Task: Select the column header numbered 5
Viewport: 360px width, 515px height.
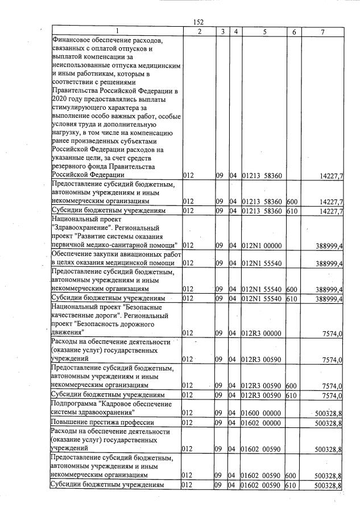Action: (x=264, y=32)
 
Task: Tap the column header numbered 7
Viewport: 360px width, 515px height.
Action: (x=322, y=32)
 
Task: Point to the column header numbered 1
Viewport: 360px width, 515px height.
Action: (x=117, y=32)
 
